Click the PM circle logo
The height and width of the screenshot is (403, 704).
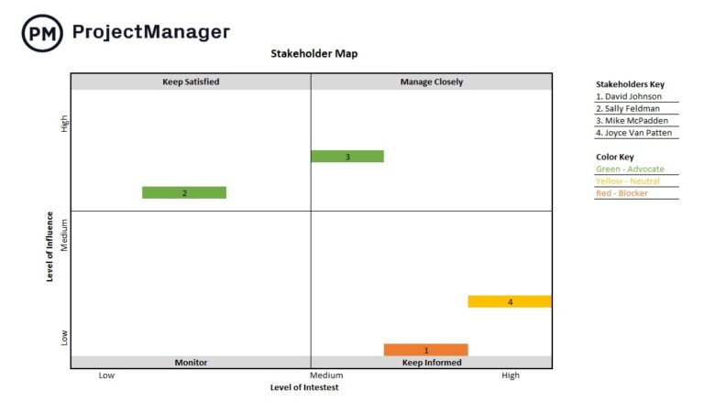point(42,33)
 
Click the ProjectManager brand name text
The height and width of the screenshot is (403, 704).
point(150,32)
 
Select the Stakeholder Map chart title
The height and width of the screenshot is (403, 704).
point(313,54)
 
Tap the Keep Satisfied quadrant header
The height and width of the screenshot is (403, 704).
point(191,82)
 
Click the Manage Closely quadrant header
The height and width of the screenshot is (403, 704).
point(431,82)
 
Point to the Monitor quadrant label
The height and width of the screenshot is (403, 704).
point(191,363)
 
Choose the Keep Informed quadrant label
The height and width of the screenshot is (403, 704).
point(431,363)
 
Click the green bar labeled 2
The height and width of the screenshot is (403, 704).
point(184,193)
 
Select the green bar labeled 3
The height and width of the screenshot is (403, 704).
point(347,157)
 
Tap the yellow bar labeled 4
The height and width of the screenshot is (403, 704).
point(510,301)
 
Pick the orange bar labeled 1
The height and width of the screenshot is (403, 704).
point(425,350)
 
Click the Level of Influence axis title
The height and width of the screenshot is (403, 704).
point(51,246)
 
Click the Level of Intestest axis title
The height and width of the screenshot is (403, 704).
point(304,387)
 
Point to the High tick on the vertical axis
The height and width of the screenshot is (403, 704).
point(64,123)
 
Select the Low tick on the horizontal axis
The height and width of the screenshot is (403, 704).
point(106,376)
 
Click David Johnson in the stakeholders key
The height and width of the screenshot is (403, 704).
point(628,96)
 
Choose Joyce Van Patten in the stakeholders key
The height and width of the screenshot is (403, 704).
point(634,133)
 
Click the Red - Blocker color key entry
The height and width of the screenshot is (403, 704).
point(621,193)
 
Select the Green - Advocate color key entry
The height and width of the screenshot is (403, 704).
point(630,169)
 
